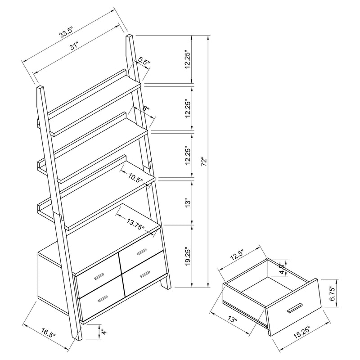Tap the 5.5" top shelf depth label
144,61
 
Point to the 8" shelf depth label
145,109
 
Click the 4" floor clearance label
103,333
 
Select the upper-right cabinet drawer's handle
144,250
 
